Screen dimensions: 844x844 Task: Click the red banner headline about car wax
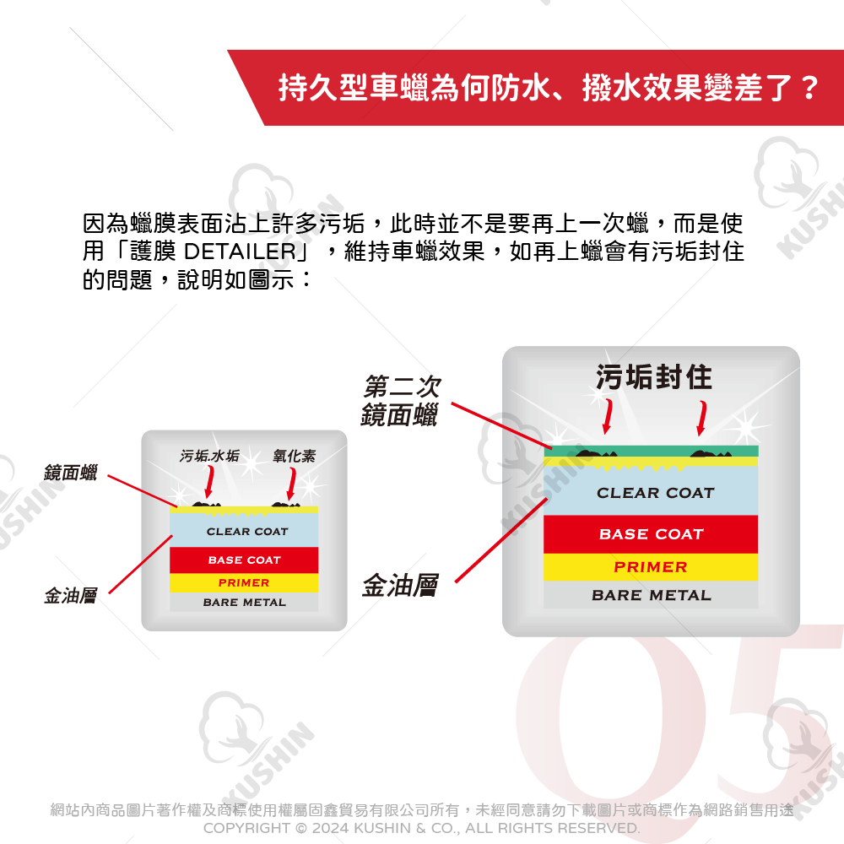(548, 88)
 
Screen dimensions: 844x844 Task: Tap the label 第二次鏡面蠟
(400, 401)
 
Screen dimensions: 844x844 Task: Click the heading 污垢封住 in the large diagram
(654, 377)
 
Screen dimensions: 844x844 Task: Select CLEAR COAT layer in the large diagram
(655, 493)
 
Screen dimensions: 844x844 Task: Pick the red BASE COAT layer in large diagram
(651, 534)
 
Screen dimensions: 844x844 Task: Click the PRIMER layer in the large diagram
(651, 567)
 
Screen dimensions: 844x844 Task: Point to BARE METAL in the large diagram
(651, 595)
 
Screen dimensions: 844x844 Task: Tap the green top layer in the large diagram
(651, 451)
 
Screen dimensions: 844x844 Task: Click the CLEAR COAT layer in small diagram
(246, 532)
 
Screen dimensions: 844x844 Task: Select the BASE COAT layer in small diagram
(244, 560)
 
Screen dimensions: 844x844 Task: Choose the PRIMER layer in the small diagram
(244, 583)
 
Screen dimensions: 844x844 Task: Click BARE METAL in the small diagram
(244, 603)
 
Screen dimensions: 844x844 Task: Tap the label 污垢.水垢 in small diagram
(209, 457)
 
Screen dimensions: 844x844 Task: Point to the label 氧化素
(294, 457)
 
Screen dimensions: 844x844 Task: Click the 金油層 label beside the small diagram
(70, 597)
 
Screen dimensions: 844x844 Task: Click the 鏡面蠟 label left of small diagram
(70, 473)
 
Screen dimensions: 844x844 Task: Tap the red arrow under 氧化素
(291, 483)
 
